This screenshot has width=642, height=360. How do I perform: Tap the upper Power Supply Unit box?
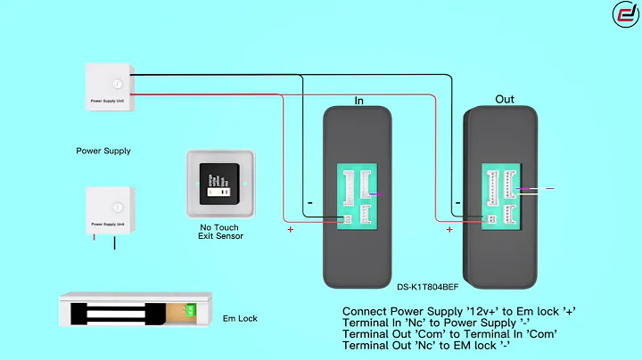[110, 86]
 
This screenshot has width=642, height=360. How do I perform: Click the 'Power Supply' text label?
[103, 151]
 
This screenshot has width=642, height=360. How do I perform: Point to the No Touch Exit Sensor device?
[221, 184]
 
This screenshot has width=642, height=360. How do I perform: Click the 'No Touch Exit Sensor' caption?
[221, 232]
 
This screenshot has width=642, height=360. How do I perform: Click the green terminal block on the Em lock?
[191, 311]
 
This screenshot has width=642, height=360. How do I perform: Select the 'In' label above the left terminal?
[359, 101]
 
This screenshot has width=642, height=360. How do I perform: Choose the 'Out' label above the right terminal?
[505, 99]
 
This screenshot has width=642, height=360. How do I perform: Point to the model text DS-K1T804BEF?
[429, 288]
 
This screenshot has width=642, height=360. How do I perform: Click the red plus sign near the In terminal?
[290, 230]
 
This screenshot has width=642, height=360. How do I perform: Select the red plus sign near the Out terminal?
[449, 230]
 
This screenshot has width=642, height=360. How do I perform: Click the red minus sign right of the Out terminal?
[549, 188]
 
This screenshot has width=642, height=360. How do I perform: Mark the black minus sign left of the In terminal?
[309, 203]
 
